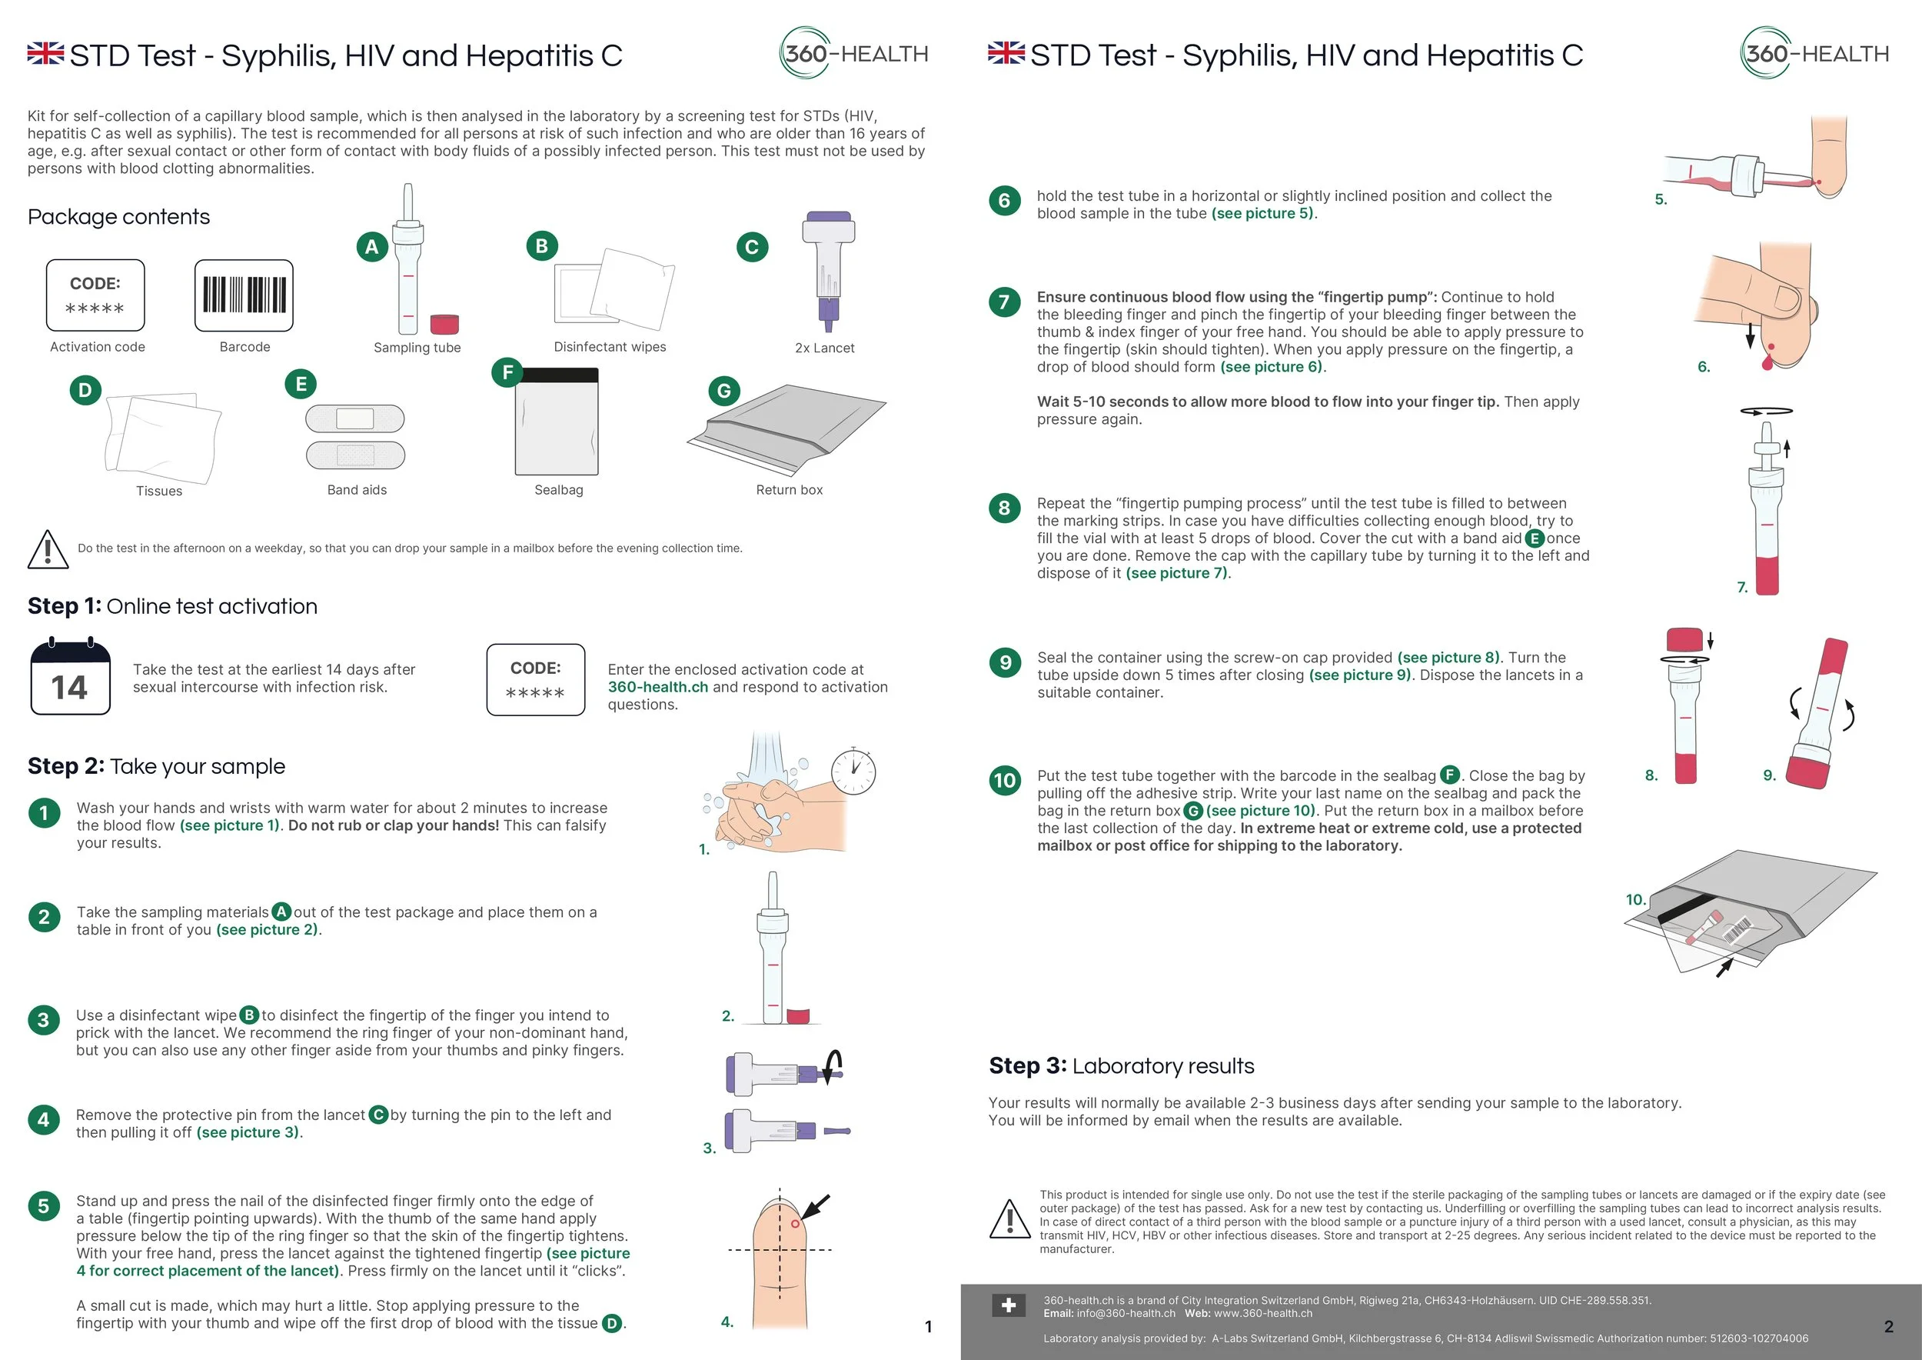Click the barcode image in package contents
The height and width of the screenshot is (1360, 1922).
(x=244, y=295)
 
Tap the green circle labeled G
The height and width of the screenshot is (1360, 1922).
(x=724, y=390)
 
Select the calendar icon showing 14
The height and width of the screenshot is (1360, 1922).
(x=70, y=678)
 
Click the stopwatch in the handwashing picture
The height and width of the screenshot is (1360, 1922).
(x=853, y=771)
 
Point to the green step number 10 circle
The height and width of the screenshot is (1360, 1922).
(x=1005, y=782)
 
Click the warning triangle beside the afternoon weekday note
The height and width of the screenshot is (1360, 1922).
(x=48, y=549)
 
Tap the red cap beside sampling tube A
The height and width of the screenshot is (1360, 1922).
(x=444, y=324)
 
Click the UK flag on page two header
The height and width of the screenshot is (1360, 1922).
(x=1006, y=53)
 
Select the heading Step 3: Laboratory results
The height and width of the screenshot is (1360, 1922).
(x=1121, y=1066)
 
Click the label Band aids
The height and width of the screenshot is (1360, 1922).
(x=357, y=490)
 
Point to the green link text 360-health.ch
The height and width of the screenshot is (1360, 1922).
(x=658, y=687)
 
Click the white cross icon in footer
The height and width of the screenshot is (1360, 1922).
(x=1008, y=1305)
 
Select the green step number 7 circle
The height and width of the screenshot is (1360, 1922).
(x=1005, y=302)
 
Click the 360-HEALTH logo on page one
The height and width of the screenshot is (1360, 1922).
(x=854, y=54)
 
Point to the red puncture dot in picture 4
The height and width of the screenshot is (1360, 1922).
(x=795, y=1225)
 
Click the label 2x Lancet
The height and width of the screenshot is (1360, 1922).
(x=825, y=348)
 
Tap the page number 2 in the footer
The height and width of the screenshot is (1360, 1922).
(x=1888, y=1326)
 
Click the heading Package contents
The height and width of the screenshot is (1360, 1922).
(x=119, y=217)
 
